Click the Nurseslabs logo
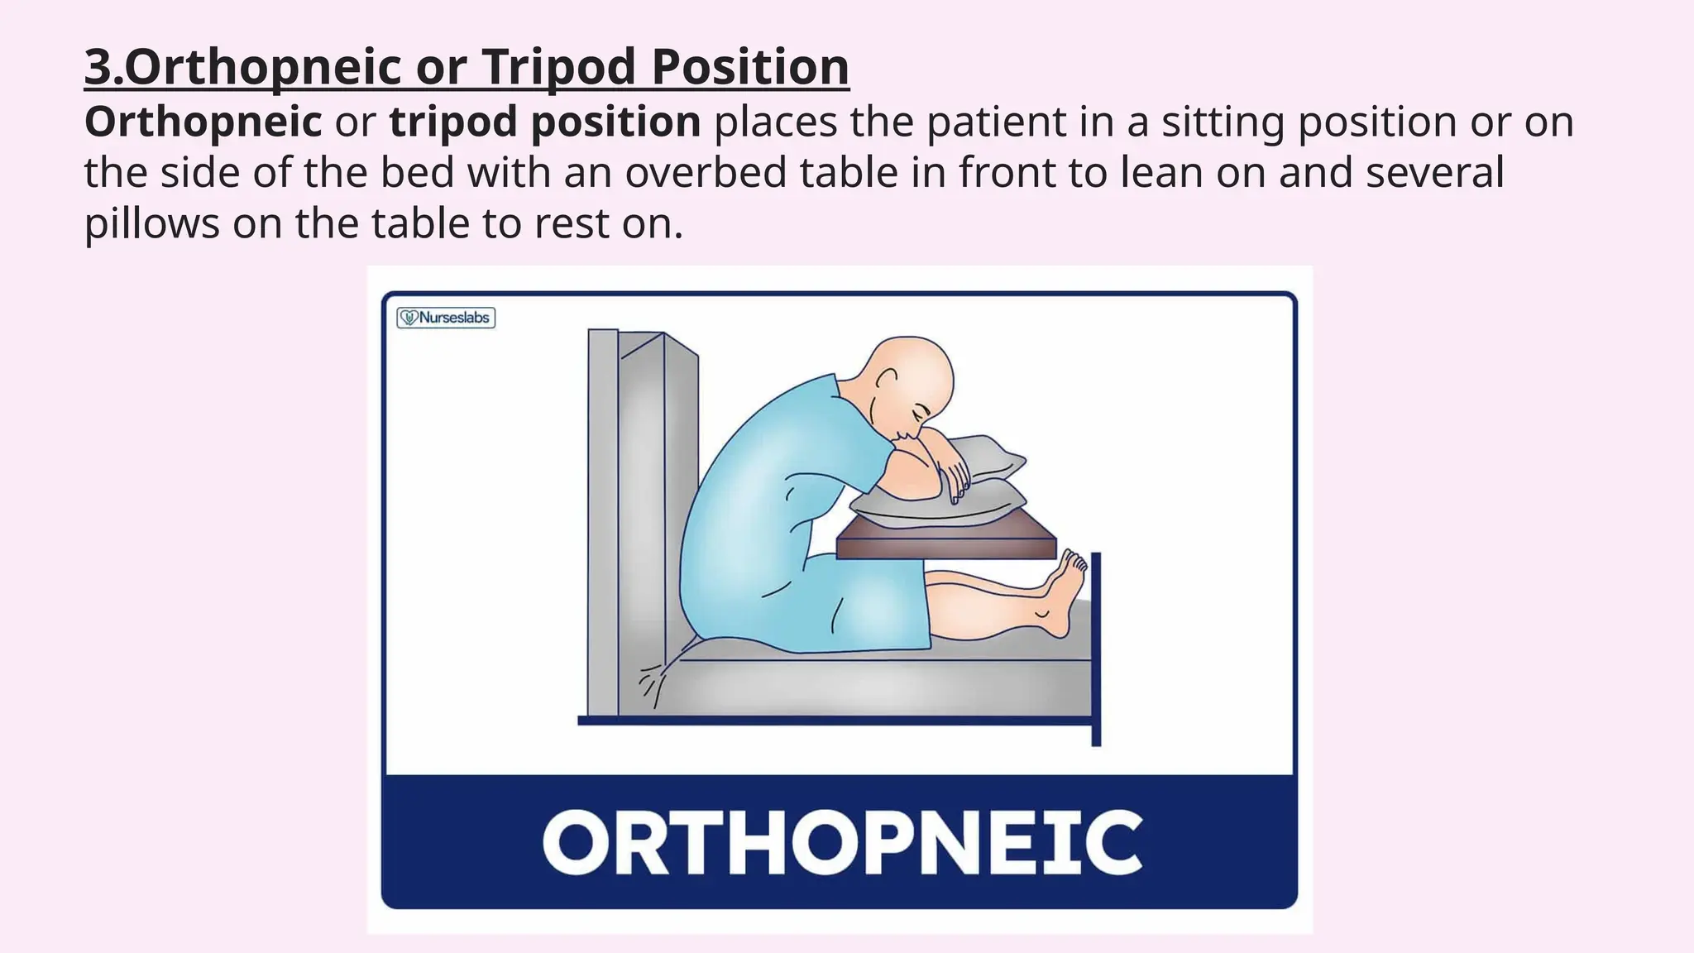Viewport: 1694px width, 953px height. pyautogui.click(x=446, y=318)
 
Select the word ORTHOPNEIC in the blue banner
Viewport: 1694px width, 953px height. pyautogui.click(x=841, y=843)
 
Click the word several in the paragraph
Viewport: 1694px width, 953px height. pyautogui.click(x=1434, y=173)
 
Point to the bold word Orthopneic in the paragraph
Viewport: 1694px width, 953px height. pyautogui.click(x=203, y=122)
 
